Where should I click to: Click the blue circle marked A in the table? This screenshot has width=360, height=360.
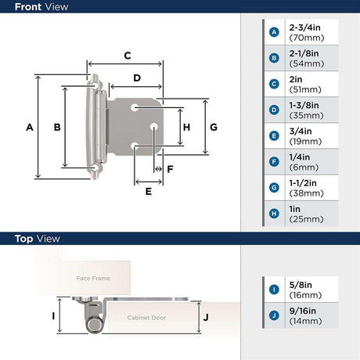click(274, 32)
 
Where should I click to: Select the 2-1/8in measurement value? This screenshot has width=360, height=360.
click(304, 53)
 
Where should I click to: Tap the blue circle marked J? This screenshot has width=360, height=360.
click(274, 315)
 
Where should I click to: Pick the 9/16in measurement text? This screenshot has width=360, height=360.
click(303, 311)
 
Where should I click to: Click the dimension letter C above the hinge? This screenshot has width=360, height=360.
click(128, 56)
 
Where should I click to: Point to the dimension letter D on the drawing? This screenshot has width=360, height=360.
click(137, 78)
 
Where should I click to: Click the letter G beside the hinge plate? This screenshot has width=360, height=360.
click(214, 128)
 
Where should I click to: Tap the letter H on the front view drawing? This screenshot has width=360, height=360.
click(186, 128)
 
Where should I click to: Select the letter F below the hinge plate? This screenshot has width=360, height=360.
click(170, 169)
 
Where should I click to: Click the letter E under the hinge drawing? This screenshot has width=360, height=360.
click(149, 192)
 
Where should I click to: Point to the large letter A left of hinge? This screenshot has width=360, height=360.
click(30, 128)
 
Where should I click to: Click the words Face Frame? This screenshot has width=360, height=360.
click(93, 279)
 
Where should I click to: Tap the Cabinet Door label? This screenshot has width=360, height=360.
click(146, 318)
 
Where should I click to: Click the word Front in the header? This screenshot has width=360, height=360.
click(28, 7)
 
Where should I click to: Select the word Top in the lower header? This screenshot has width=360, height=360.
click(23, 239)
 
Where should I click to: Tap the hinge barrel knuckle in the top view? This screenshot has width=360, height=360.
click(94, 326)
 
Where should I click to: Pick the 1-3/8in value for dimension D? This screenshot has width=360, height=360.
click(304, 106)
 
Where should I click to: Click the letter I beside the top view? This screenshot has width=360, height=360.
click(53, 316)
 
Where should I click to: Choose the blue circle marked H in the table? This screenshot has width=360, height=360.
click(274, 214)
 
